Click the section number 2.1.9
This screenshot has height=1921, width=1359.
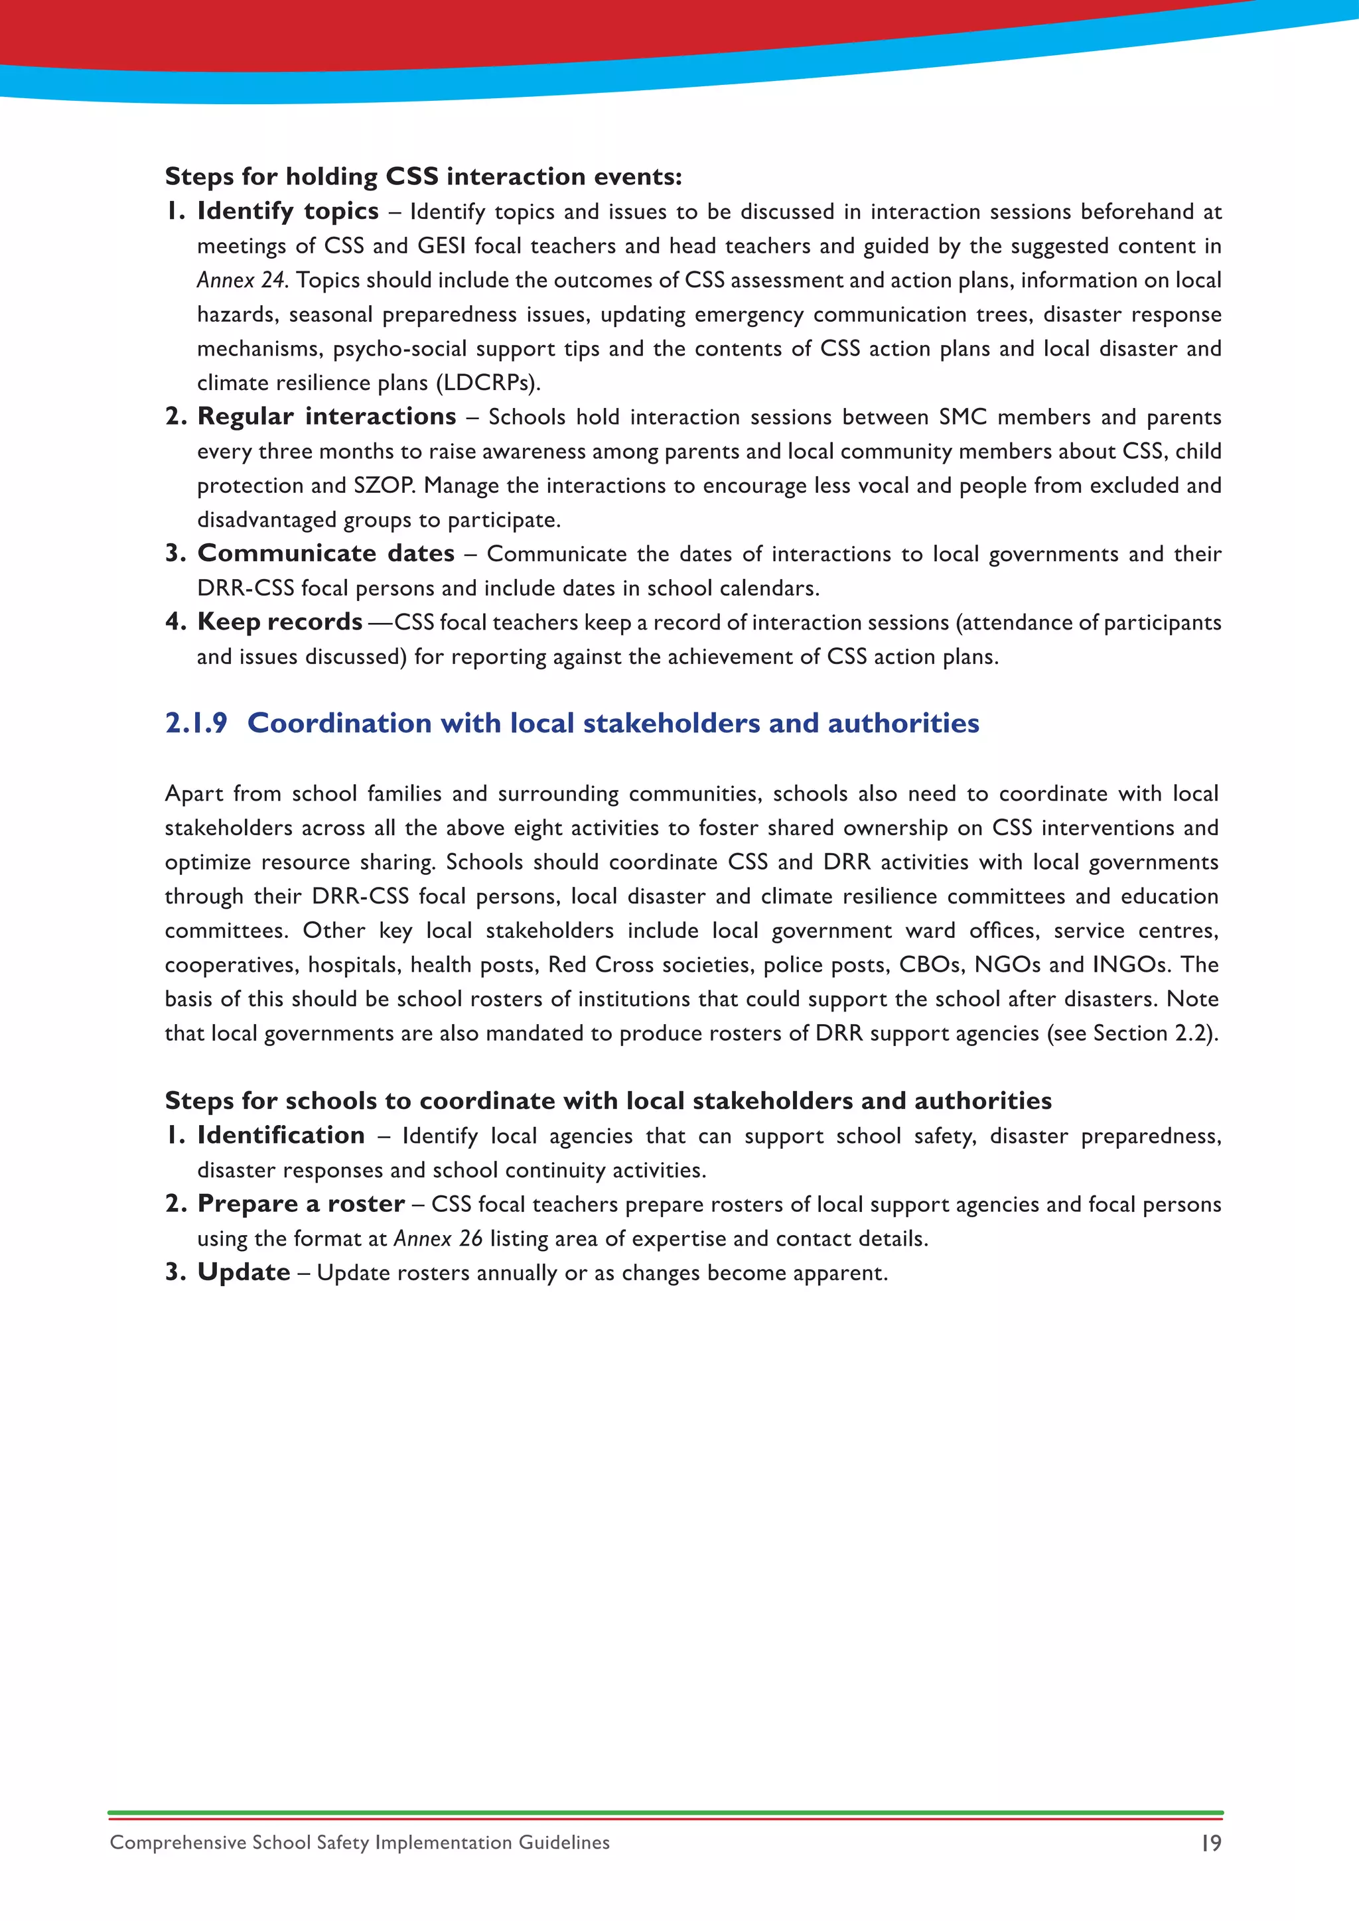point(196,723)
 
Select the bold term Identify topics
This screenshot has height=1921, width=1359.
point(287,211)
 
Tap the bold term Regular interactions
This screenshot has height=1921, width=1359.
point(326,416)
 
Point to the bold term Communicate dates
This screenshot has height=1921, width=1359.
point(326,553)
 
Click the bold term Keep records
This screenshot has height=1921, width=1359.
point(279,622)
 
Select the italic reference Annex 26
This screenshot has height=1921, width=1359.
point(438,1238)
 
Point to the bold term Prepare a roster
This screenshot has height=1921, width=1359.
point(301,1204)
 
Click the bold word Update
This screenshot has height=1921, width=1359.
point(244,1272)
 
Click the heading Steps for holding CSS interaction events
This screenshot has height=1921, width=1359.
point(423,176)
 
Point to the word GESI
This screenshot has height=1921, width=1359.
point(441,245)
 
